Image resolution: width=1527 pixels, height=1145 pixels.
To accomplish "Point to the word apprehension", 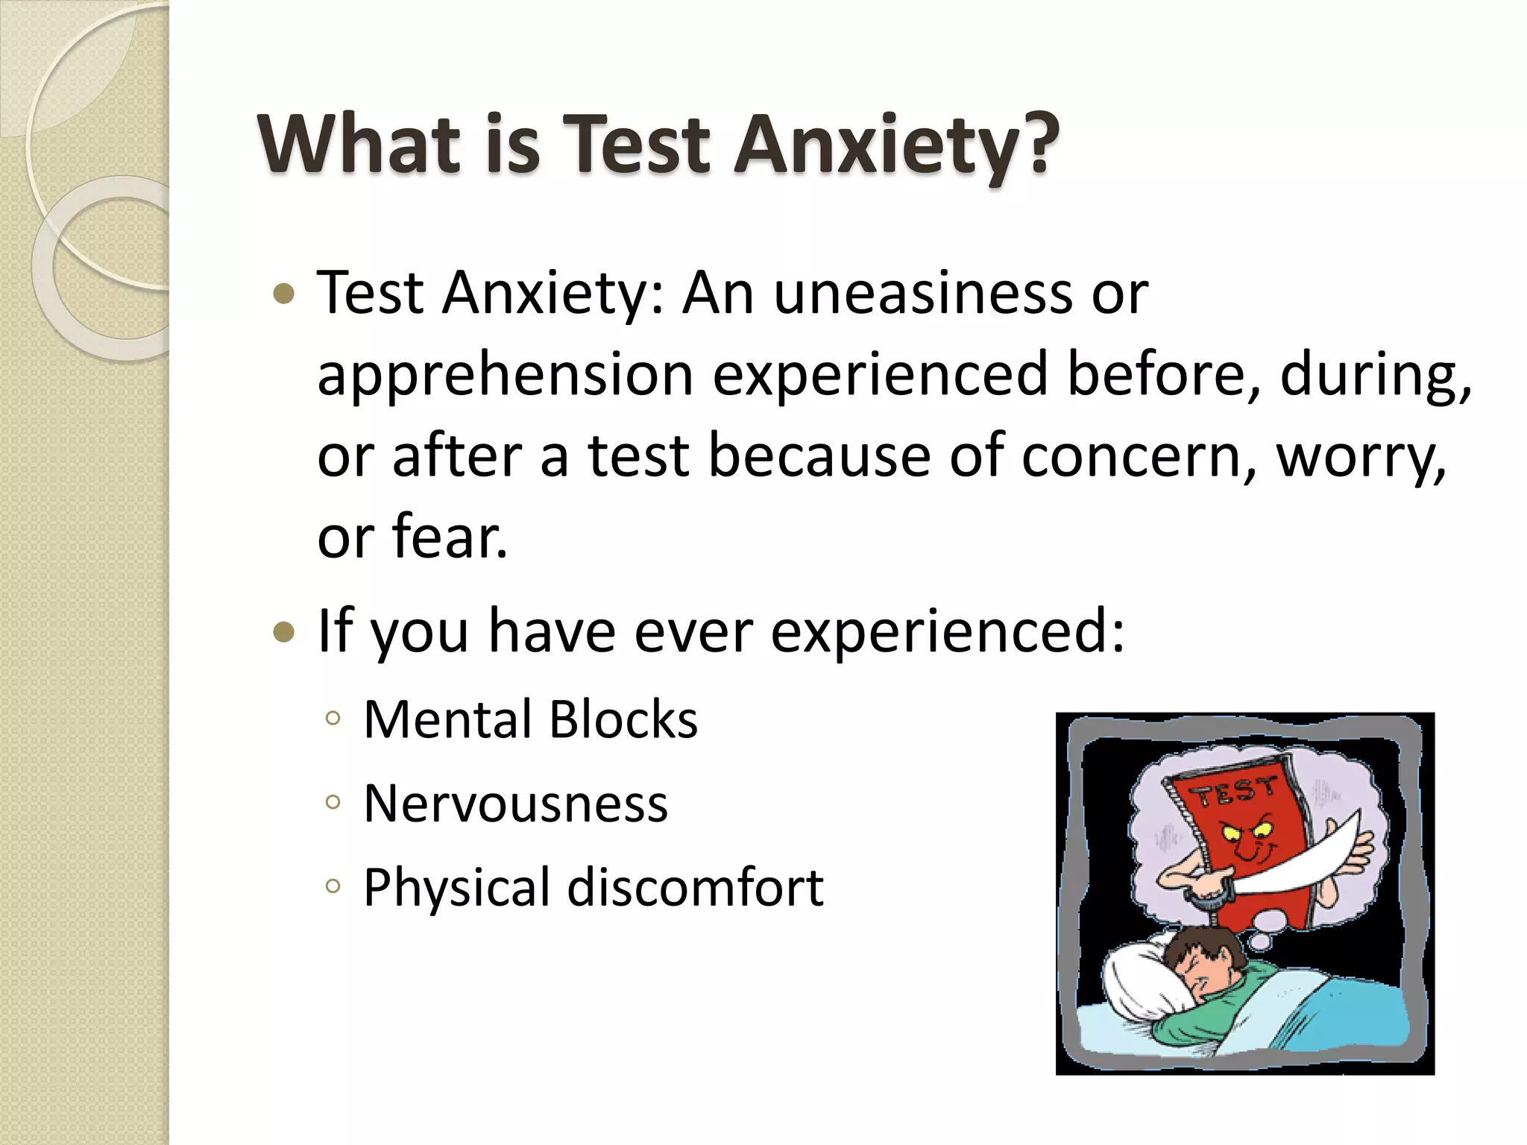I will tap(506, 376).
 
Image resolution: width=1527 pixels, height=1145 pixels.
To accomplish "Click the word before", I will tap(1163, 374).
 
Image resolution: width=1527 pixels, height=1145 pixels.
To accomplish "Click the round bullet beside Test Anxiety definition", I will tap(284, 294).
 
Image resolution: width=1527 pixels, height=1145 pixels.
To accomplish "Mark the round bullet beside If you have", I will tap(284, 633).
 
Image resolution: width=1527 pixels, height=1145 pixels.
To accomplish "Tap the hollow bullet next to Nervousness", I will tap(333, 803).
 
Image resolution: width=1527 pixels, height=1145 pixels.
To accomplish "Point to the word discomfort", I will tap(695, 888).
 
